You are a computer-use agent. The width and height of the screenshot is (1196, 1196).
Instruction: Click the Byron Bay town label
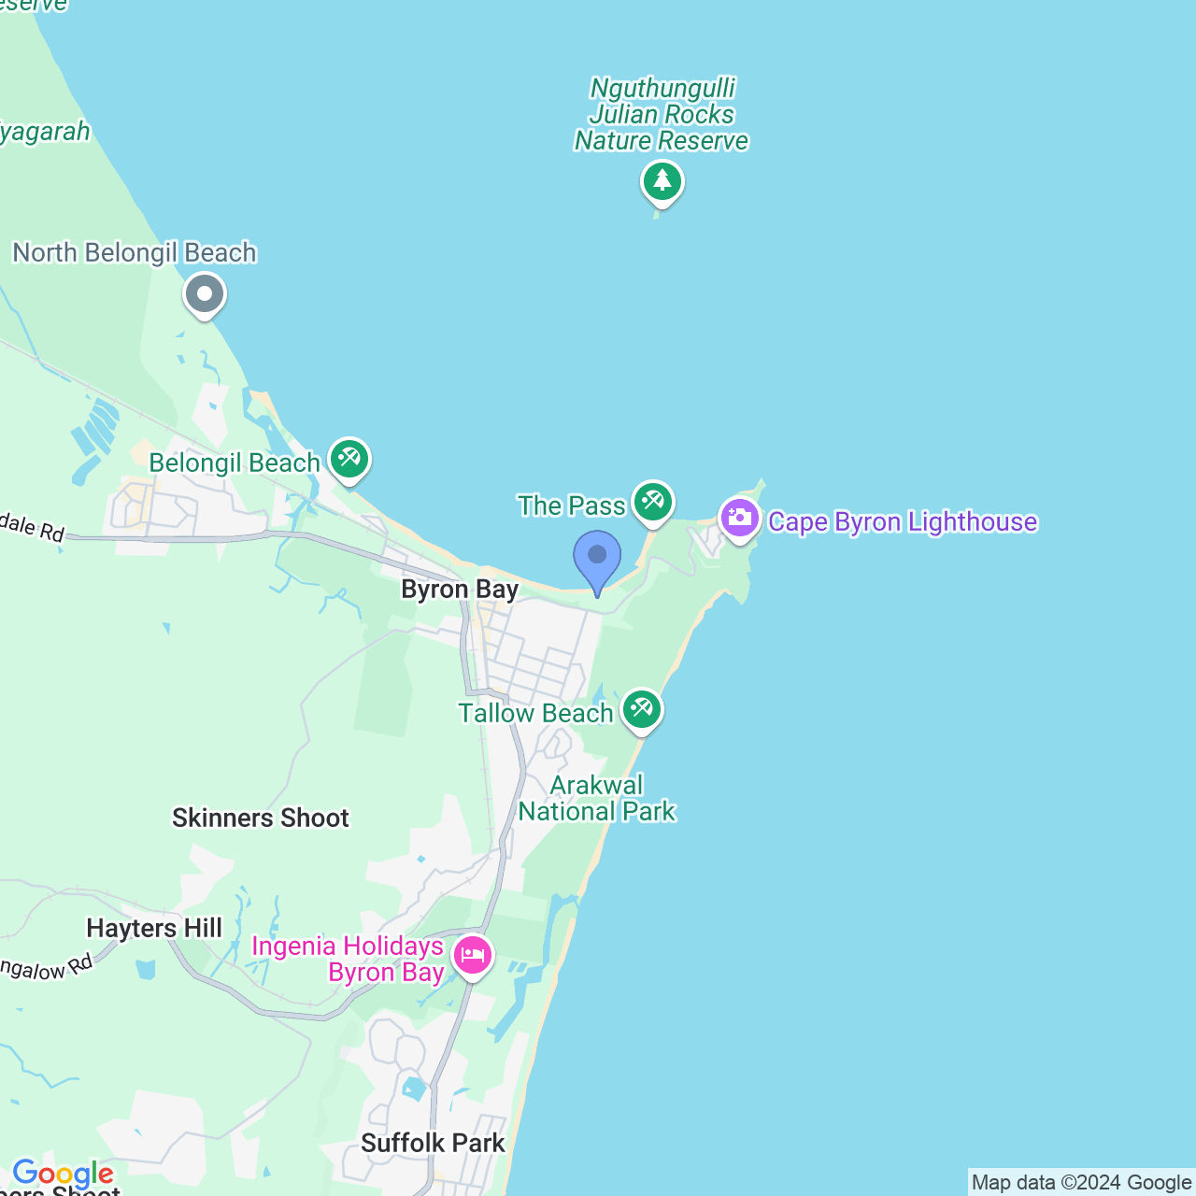(x=459, y=590)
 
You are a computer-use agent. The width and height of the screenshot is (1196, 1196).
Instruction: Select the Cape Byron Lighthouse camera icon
(x=740, y=518)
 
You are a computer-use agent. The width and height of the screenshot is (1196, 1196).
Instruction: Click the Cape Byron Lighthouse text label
(x=903, y=521)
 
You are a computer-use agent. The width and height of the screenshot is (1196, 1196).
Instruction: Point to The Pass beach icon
(x=652, y=502)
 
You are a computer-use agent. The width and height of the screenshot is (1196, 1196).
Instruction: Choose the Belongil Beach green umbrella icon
(x=349, y=459)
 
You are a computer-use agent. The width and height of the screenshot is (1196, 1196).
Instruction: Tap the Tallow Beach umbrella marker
(x=641, y=709)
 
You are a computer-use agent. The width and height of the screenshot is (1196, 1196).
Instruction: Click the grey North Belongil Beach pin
(x=205, y=294)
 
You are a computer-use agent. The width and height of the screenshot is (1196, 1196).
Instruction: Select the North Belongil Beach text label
(x=135, y=252)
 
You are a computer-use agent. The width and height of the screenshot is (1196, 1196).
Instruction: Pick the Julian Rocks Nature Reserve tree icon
(x=662, y=180)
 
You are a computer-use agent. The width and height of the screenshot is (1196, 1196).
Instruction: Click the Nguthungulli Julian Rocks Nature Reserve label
(x=662, y=115)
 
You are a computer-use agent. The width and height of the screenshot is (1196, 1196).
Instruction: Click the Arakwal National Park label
(x=597, y=798)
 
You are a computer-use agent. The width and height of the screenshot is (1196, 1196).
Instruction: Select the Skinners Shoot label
(x=261, y=819)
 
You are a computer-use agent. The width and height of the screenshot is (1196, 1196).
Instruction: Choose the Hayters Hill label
(x=154, y=928)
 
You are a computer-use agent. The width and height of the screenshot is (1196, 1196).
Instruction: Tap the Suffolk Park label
(x=433, y=1143)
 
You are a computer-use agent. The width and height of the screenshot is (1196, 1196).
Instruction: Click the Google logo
(x=63, y=1173)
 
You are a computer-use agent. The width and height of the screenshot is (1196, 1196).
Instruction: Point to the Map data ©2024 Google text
(x=1081, y=1182)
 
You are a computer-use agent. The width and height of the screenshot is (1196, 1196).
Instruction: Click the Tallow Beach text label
(x=535, y=713)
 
